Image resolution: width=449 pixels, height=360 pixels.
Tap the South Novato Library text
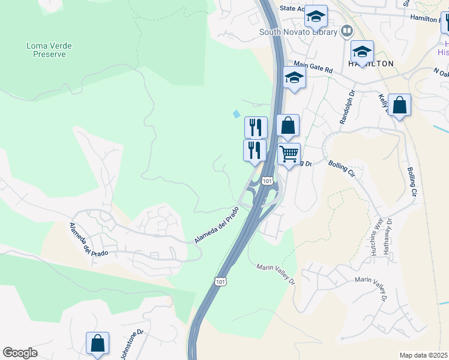pos(298,32)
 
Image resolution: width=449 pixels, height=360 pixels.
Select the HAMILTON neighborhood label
pos(371,64)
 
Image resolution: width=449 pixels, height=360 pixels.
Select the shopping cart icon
pos(289,154)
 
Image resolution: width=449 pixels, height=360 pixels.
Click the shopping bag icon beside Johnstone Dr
pos(97,344)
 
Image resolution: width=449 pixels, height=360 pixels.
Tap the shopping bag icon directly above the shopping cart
pos(288,125)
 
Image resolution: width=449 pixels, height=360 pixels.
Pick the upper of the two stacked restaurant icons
pos(256,127)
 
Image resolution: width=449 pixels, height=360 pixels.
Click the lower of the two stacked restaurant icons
pos(255,149)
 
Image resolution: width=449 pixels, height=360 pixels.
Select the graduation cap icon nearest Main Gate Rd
pos(294,77)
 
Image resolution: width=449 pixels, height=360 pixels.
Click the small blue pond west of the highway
pos(237,113)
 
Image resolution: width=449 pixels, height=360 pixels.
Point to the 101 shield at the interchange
pos(268,180)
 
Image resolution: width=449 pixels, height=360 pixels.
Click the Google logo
pos(20,353)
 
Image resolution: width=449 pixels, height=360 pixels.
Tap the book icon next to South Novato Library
pos(346,31)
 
